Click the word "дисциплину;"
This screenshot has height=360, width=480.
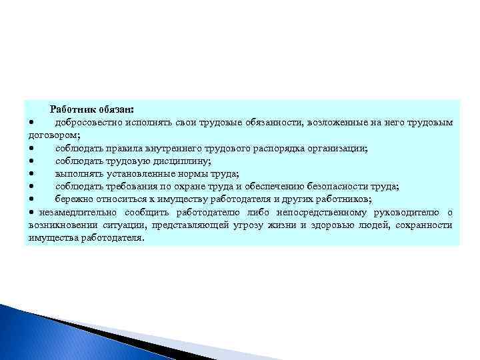(180, 161)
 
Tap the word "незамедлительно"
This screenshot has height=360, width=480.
(79, 212)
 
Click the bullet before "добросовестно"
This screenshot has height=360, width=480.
(31, 123)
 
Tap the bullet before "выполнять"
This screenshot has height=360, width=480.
(31, 174)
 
